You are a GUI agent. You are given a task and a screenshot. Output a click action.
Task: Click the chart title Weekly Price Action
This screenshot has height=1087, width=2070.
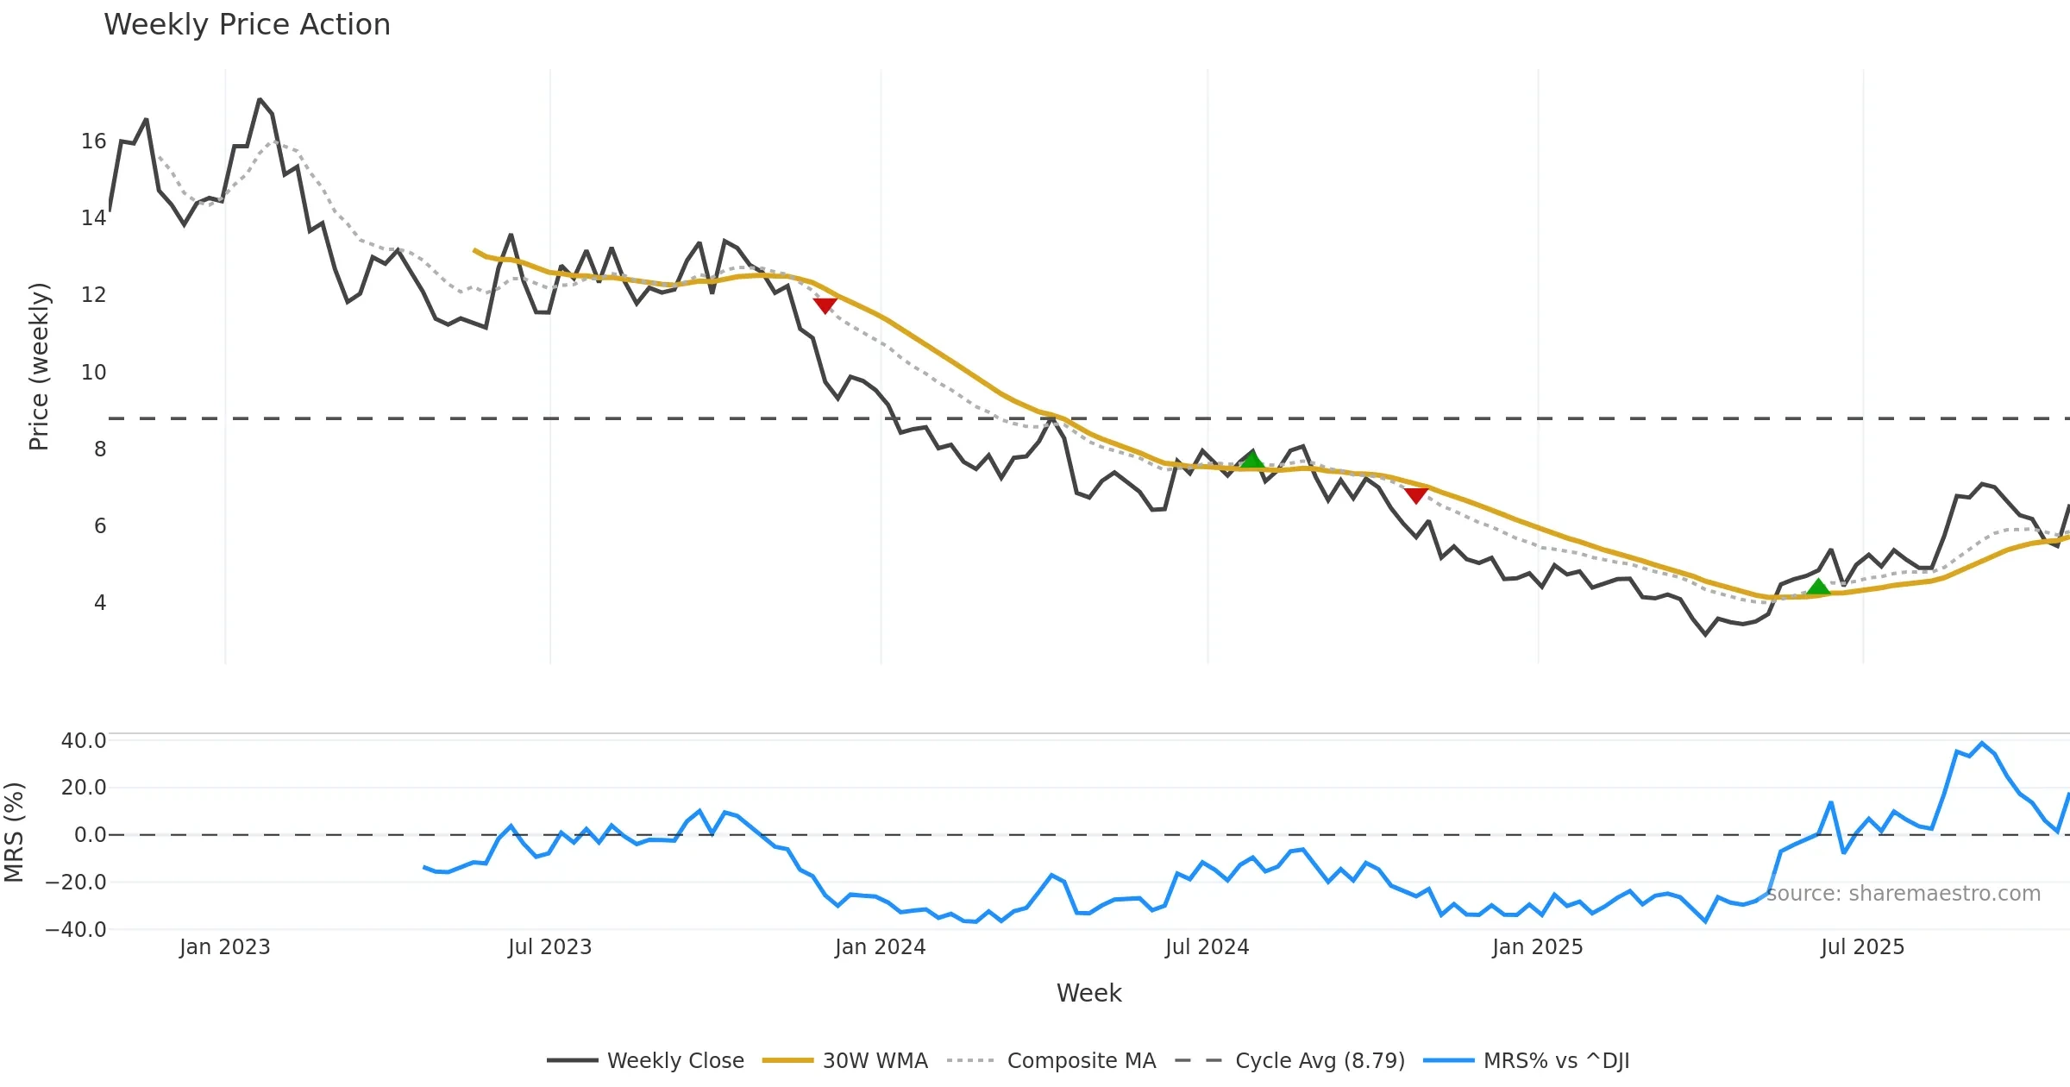point(247,25)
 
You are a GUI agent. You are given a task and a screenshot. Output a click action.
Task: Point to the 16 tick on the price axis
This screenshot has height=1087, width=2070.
point(93,141)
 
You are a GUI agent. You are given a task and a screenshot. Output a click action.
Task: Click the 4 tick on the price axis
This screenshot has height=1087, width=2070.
point(100,603)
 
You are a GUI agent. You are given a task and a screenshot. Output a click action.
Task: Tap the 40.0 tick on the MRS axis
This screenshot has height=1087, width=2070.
point(84,741)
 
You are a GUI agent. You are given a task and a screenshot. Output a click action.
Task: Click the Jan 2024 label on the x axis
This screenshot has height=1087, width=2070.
point(880,947)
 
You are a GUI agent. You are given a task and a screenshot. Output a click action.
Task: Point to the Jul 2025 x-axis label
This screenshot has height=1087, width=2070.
point(1862,947)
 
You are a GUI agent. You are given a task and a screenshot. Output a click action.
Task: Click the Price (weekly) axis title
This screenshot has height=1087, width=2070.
point(39,367)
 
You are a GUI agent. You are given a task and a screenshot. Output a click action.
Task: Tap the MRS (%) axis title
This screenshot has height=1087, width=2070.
point(14,833)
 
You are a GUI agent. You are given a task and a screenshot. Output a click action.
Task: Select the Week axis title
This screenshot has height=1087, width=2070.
point(1088,994)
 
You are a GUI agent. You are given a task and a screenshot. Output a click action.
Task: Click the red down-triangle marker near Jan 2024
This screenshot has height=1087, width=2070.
point(825,305)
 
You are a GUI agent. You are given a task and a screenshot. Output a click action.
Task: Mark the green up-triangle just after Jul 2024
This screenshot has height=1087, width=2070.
point(1252,460)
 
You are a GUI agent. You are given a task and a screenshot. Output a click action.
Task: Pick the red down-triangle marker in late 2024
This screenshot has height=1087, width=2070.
point(1415,495)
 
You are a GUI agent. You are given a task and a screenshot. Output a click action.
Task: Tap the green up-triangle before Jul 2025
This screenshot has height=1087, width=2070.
point(1818,587)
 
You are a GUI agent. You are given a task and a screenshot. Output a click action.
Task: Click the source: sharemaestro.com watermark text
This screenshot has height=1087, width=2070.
point(1904,894)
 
